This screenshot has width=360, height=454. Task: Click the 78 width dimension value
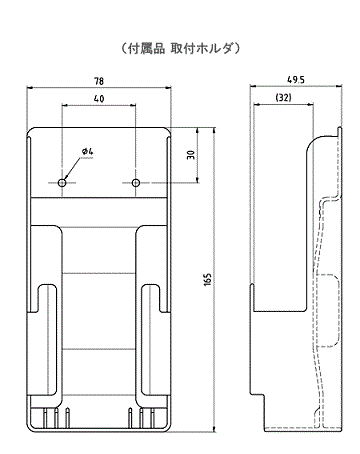tap(99, 81)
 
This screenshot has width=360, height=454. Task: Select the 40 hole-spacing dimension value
tap(99, 99)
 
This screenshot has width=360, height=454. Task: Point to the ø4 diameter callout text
tap(88, 152)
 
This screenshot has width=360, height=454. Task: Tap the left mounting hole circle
tap(62, 183)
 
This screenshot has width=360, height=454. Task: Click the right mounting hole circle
tap(136, 183)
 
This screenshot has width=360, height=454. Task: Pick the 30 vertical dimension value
tap(191, 155)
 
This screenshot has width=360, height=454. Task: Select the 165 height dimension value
tap(207, 280)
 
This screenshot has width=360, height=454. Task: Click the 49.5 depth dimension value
tap(296, 80)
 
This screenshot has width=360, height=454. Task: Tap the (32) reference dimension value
tap(283, 97)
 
